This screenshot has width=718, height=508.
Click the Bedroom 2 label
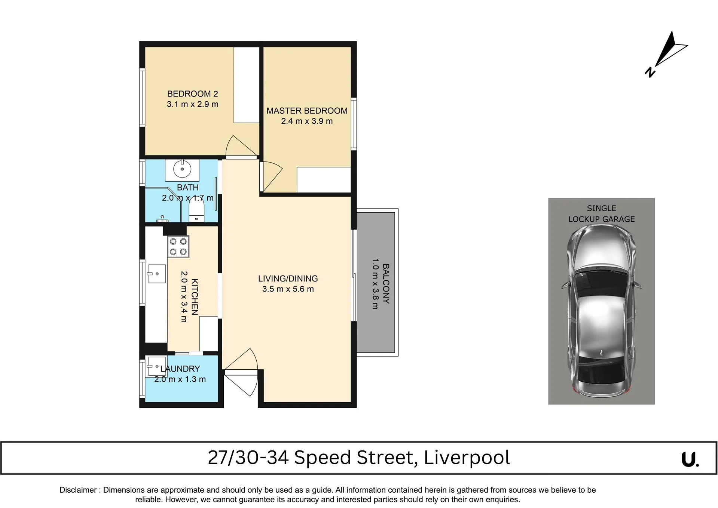pyautogui.click(x=192, y=94)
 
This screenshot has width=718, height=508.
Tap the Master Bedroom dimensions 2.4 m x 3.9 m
pyautogui.click(x=307, y=121)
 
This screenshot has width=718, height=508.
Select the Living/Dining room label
pyautogui.click(x=288, y=278)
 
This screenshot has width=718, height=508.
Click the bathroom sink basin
pyautogui.click(x=182, y=170)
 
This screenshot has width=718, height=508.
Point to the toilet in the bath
pyautogui.click(x=196, y=209)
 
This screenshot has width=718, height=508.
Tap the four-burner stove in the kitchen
pyautogui.click(x=178, y=247)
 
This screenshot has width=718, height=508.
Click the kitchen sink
pyautogui.click(x=156, y=274)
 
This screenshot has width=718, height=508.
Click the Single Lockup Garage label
pyautogui.click(x=601, y=214)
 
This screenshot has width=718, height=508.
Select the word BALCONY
pyautogui.click(x=386, y=284)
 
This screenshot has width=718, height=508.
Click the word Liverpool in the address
pyautogui.click(x=467, y=458)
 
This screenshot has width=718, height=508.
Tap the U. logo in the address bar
pyautogui.click(x=690, y=459)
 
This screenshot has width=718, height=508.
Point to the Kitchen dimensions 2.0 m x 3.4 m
pyautogui.click(x=184, y=296)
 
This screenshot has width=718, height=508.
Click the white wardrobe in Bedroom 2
pyautogui.click(x=247, y=85)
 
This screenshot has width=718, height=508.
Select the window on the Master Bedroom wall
pyautogui.click(x=354, y=123)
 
